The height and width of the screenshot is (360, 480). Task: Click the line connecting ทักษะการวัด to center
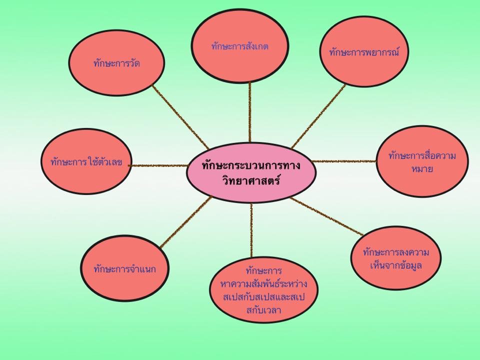coord(180,113)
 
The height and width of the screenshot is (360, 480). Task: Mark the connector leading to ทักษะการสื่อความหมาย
coord(345,161)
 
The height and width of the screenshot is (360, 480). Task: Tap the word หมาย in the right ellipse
coord(422,169)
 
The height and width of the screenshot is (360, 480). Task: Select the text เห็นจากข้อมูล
coord(395,265)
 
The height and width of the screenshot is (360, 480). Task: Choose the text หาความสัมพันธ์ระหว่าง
coord(263,284)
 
